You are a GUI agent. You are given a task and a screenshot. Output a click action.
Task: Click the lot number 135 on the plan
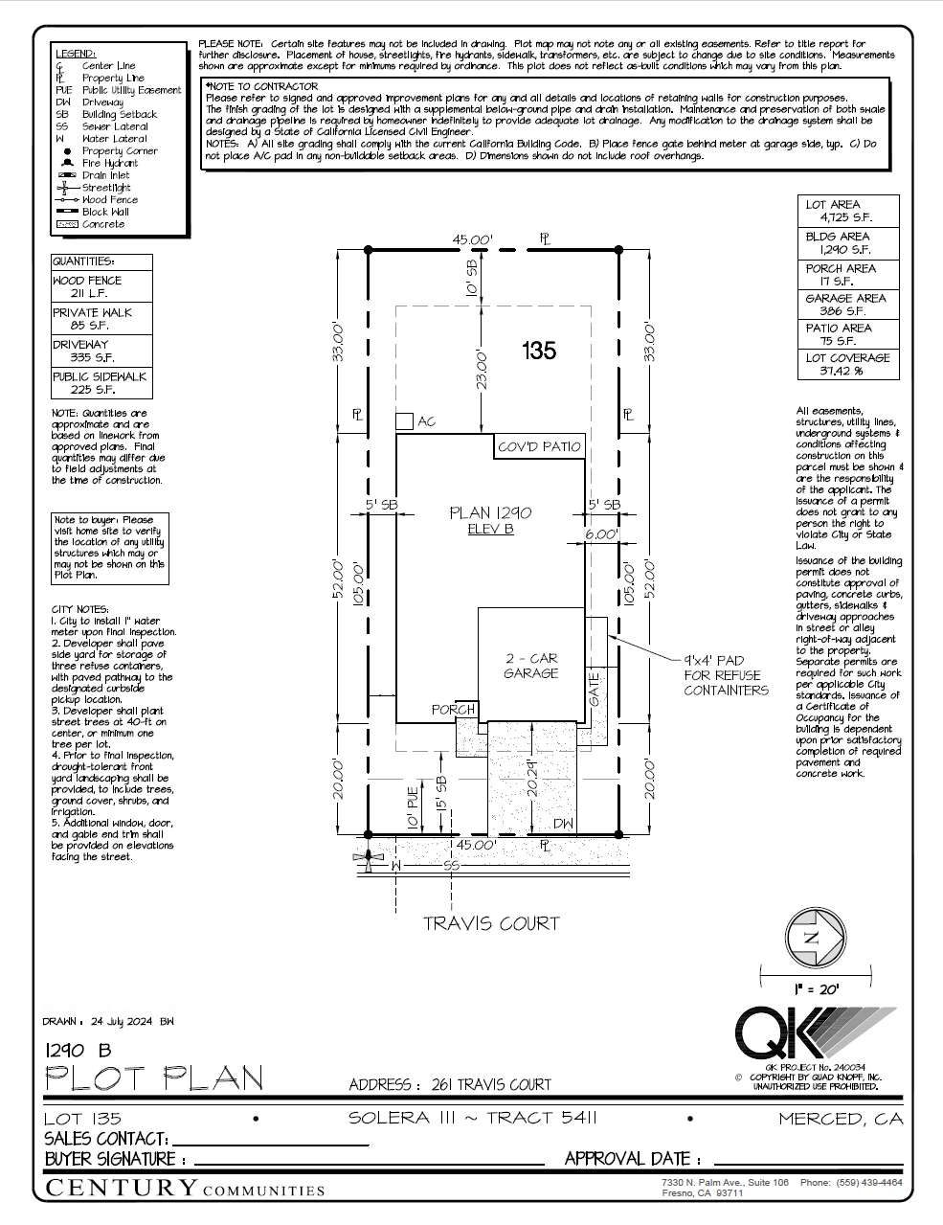[539, 351]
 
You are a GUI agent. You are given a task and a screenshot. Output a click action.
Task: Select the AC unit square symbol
[404, 420]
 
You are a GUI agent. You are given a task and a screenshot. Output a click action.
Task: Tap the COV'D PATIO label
[539, 446]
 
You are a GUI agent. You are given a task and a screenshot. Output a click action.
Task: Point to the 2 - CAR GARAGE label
[530, 666]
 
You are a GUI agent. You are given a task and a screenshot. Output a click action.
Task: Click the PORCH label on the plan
[453, 710]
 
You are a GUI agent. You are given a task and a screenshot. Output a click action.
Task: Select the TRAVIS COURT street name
[491, 923]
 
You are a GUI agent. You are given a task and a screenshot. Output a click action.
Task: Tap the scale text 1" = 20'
[816, 988]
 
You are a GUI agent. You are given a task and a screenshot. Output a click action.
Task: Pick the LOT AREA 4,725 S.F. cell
[847, 211]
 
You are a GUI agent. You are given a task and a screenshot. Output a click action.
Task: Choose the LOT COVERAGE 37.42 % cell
[847, 364]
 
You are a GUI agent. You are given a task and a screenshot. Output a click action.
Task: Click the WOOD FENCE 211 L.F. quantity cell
[101, 286]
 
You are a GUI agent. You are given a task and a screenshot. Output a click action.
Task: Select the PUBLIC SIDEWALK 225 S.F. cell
[101, 383]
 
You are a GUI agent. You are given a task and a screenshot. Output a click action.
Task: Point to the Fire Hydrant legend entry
[109, 164]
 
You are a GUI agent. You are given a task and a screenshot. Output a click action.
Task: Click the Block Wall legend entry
[104, 212]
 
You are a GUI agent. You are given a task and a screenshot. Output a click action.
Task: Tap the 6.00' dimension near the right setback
[601, 534]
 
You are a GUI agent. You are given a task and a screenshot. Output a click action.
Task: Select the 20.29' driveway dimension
[533, 778]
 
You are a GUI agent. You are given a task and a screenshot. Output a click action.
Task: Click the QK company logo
[814, 1034]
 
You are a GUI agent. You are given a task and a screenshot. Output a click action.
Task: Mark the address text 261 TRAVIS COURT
[491, 1084]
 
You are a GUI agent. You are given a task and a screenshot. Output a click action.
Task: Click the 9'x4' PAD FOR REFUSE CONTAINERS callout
[726, 675]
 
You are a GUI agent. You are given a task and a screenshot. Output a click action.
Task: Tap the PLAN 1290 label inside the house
[490, 513]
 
